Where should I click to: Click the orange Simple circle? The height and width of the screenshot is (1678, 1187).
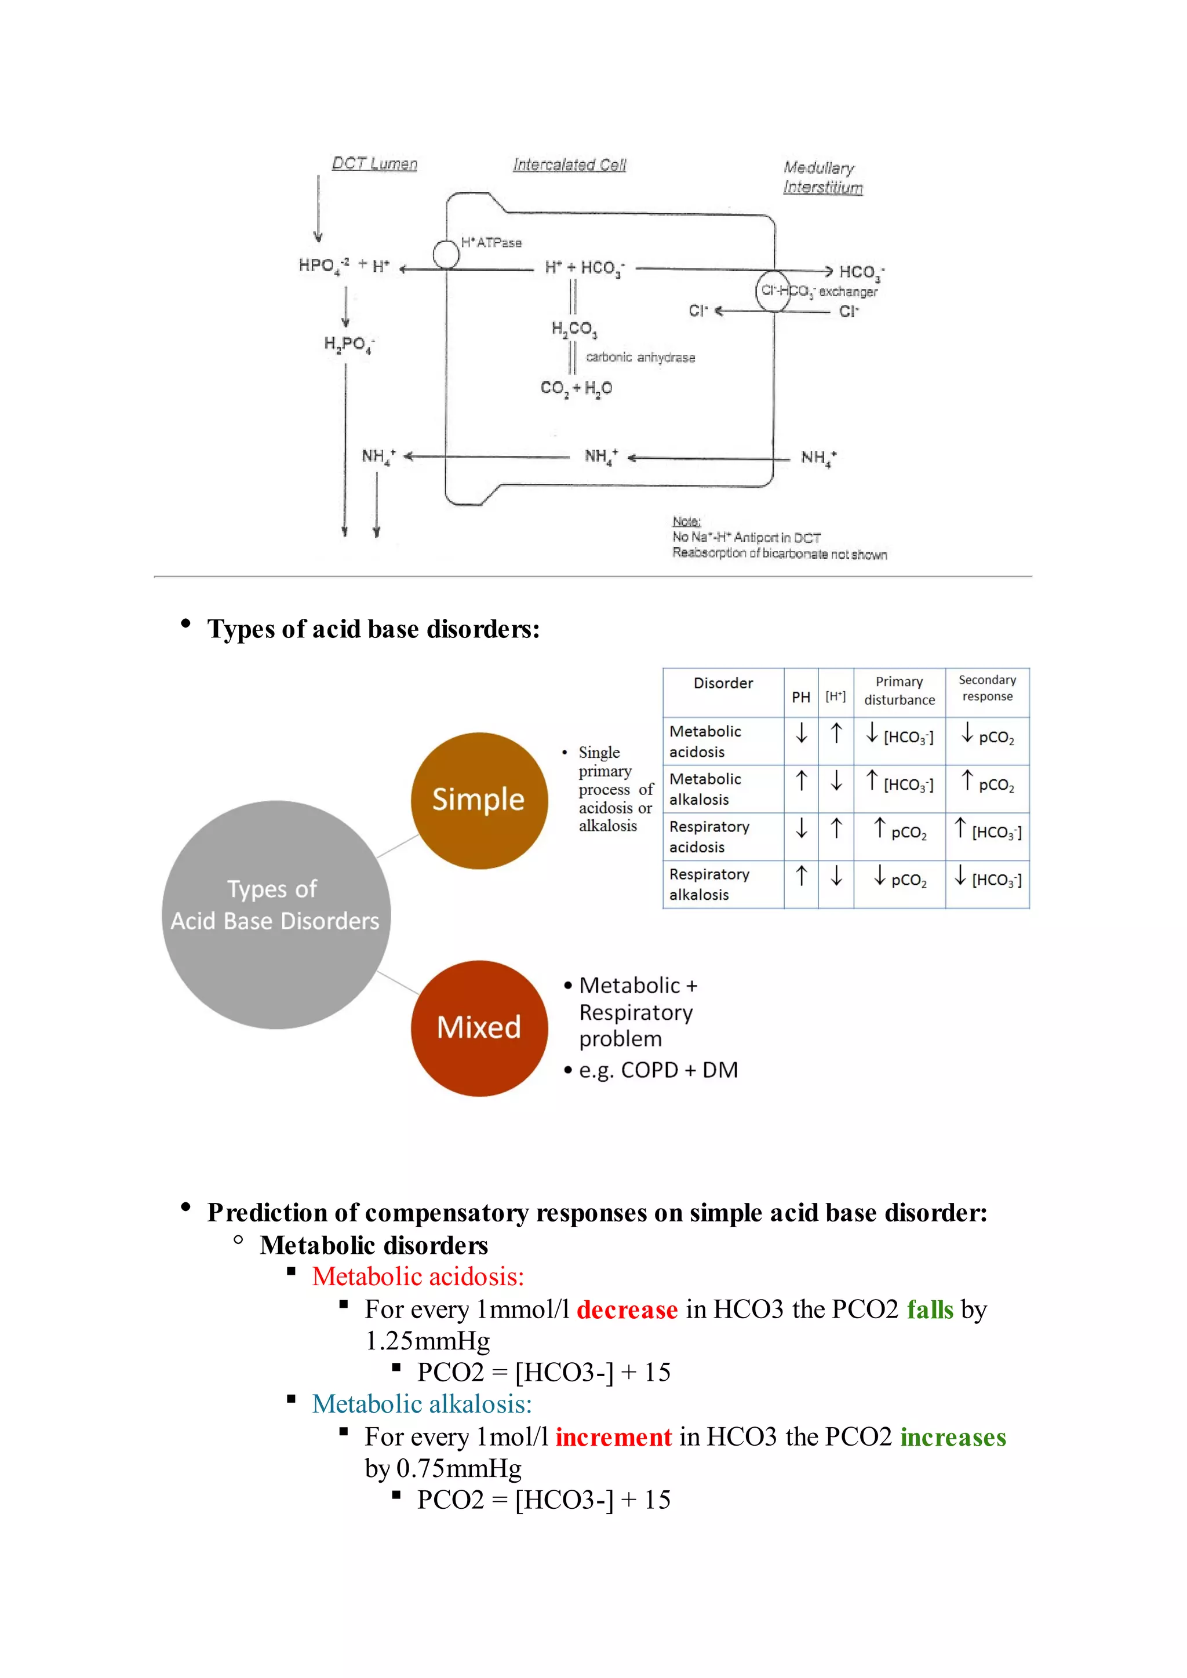(x=479, y=800)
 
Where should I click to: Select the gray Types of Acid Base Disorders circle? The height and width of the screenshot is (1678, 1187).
(x=275, y=914)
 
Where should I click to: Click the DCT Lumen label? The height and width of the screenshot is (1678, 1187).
(x=374, y=164)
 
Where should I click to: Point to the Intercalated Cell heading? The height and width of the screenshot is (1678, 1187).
(x=569, y=165)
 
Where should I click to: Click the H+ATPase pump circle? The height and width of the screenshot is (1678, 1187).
(x=446, y=255)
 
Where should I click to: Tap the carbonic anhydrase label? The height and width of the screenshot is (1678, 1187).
(x=640, y=358)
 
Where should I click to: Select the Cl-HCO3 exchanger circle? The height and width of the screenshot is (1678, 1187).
(x=773, y=291)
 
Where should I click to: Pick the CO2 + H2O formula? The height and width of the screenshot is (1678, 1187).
(x=576, y=388)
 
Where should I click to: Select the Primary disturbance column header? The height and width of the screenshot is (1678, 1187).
(x=899, y=691)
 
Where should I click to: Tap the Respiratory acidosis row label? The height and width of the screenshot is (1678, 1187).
(x=709, y=837)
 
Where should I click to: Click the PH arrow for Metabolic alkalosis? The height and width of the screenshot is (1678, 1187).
(x=801, y=780)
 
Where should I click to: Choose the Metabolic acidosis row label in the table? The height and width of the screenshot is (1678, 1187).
(x=705, y=741)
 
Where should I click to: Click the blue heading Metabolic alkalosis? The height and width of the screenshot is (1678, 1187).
(x=422, y=1404)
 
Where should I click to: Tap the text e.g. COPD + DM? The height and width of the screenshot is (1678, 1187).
(x=658, y=1070)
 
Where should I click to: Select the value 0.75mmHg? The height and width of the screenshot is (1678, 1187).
(x=459, y=1468)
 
